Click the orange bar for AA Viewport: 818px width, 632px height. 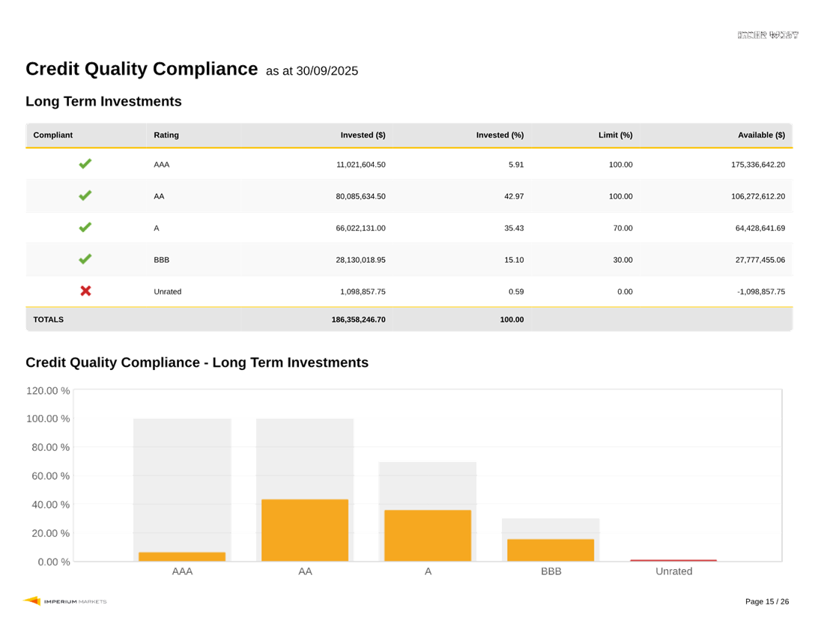(x=305, y=529)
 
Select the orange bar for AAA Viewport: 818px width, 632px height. (x=182, y=556)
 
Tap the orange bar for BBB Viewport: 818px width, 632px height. (x=551, y=550)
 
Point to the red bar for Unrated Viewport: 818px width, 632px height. (x=673, y=560)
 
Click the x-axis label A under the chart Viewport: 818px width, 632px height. (x=428, y=571)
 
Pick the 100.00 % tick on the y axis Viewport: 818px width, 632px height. (x=48, y=419)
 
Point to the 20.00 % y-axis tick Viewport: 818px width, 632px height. (x=49, y=533)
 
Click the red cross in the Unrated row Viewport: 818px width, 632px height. (x=85, y=291)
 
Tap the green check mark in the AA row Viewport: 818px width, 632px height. (x=85, y=195)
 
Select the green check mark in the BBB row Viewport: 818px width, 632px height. (x=85, y=259)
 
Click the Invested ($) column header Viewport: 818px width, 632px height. (x=363, y=136)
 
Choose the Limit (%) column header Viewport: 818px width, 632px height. (x=615, y=136)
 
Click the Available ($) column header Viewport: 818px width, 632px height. (x=761, y=136)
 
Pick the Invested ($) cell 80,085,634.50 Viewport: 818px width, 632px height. (x=360, y=196)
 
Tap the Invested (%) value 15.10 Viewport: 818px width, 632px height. (x=516, y=260)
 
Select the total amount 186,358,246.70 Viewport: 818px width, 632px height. (x=358, y=320)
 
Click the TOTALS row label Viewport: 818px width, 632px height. (x=49, y=320)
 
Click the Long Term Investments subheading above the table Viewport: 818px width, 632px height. (x=103, y=102)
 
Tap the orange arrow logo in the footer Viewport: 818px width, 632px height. (x=31, y=601)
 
